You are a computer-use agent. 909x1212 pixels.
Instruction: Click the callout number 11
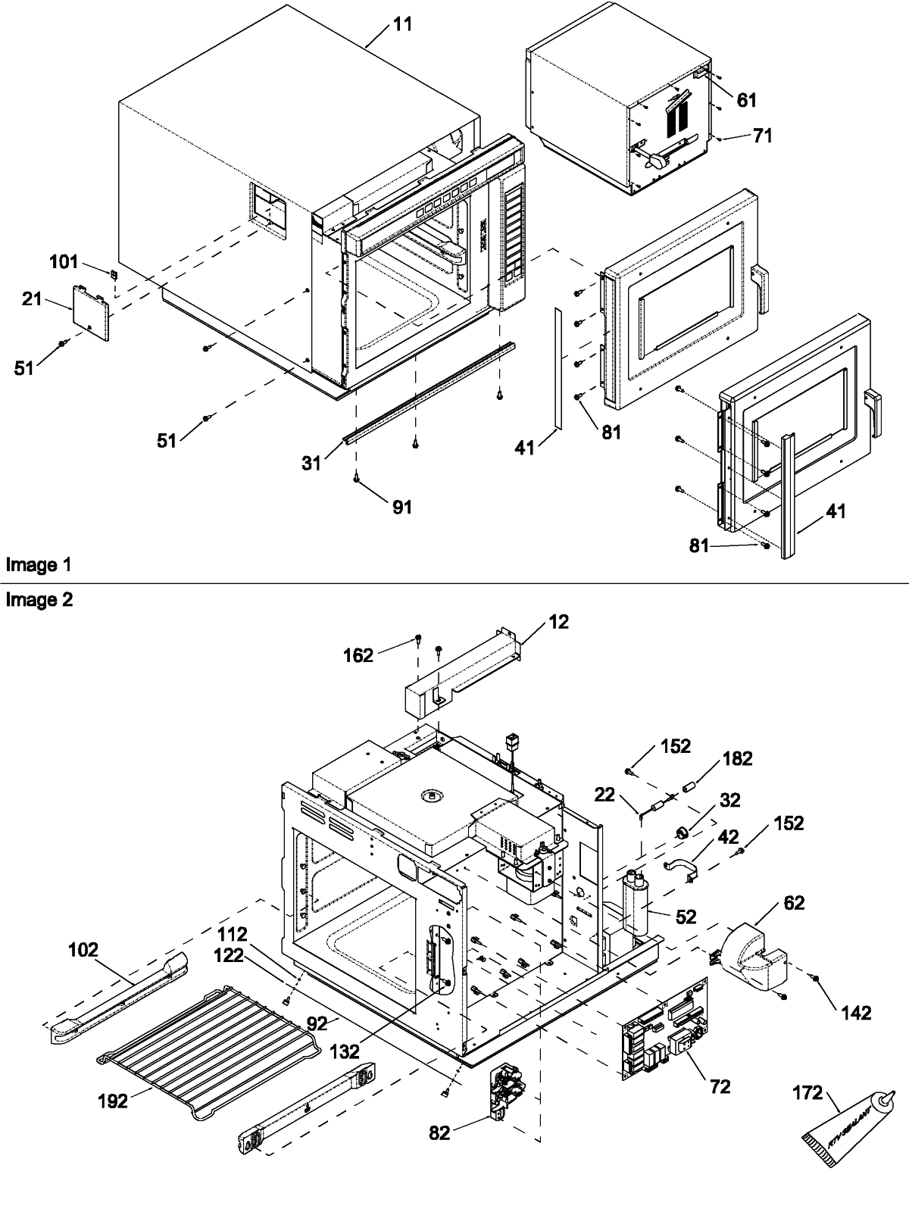(403, 24)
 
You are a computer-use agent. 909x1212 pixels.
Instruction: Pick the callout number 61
(746, 100)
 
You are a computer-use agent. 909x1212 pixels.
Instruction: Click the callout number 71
(762, 136)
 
